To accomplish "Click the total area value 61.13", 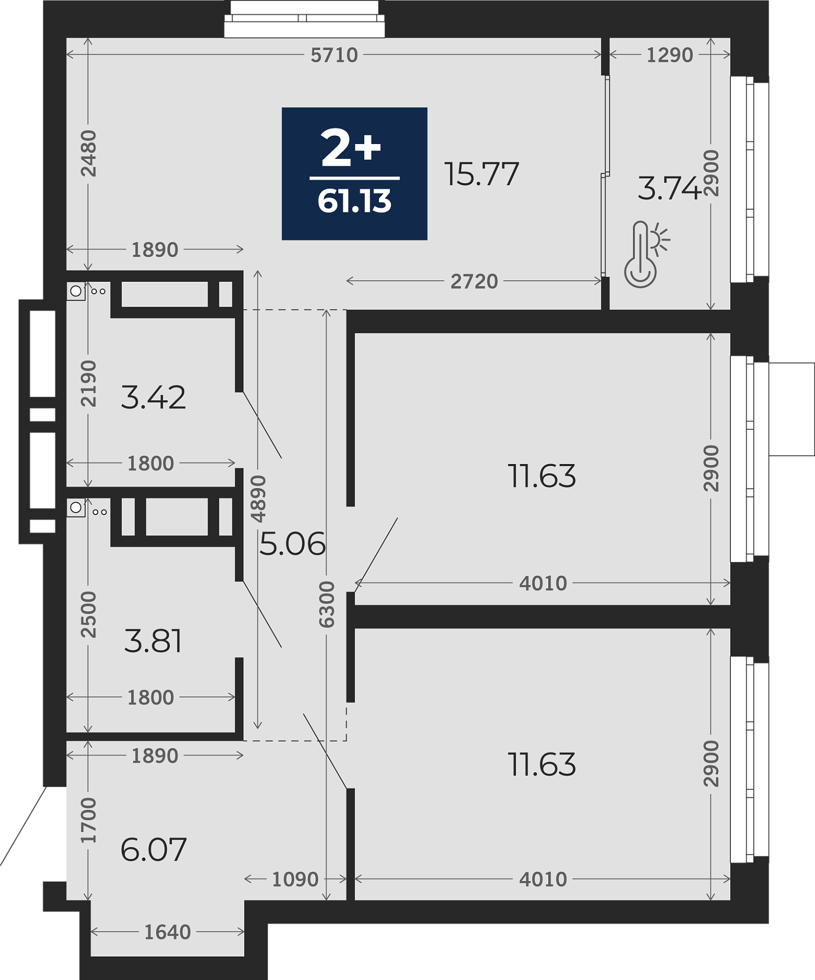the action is tap(354, 201).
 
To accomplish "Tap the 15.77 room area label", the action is tap(481, 174).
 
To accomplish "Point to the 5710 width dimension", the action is tap(335, 55).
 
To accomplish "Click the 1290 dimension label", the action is tap(670, 55).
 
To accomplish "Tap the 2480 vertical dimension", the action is tap(89, 153).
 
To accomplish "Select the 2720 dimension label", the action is tap(474, 281).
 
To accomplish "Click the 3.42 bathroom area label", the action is tap(154, 398).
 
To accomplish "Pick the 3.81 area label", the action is tap(153, 641).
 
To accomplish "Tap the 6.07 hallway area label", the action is tap(154, 849).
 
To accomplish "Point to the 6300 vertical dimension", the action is tap(326, 604).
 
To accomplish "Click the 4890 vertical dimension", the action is tap(259, 499).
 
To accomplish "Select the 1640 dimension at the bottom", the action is tap(167, 932).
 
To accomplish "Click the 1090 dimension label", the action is tap(295, 879).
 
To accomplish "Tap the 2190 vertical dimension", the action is tap(89, 383).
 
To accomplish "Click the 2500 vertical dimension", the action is tap(89, 614).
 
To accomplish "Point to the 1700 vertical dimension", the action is tap(89, 820).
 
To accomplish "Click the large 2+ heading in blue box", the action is tap(351, 148).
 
